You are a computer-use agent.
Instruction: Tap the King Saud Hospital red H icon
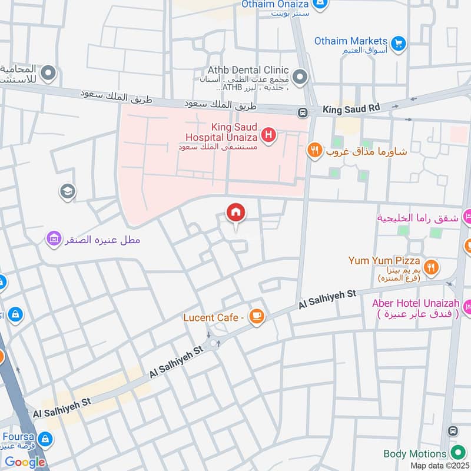269,136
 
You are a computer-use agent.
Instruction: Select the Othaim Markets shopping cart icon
399,44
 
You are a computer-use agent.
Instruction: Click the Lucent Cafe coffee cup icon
256,317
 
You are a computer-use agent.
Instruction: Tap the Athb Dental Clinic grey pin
300,77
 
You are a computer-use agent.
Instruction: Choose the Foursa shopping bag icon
45,439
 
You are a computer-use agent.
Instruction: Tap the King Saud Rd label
351,109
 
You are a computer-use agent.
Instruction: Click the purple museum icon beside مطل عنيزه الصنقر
54,240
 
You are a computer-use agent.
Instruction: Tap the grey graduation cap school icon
67,191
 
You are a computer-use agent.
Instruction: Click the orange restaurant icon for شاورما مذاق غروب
315,151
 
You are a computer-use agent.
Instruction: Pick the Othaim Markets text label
350,41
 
